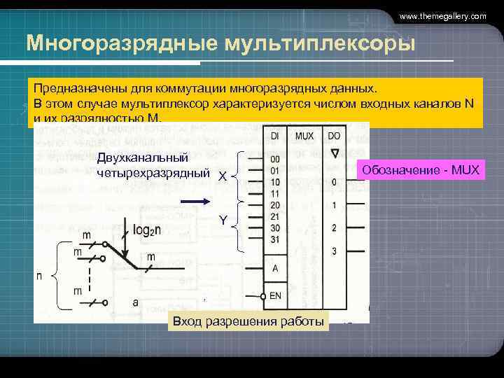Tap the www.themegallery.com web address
pyautogui.click(x=442, y=16)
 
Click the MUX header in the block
pyautogui.click(x=304, y=136)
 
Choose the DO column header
pyautogui.click(x=335, y=136)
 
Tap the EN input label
pyautogui.click(x=275, y=295)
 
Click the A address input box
pyautogui.click(x=275, y=268)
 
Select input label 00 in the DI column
pyautogui.click(x=275, y=159)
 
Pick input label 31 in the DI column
pyautogui.click(x=275, y=239)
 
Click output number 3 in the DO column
pyautogui.click(x=335, y=251)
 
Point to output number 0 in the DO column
pyautogui.click(x=335, y=182)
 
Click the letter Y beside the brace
pyautogui.click(x=223, y=220)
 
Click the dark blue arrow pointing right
pyautogui.click(x=195, y=202)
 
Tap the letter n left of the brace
pyautogui.click(x=39, y=276)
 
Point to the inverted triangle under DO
pyautogui.click(x=335, y=153)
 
